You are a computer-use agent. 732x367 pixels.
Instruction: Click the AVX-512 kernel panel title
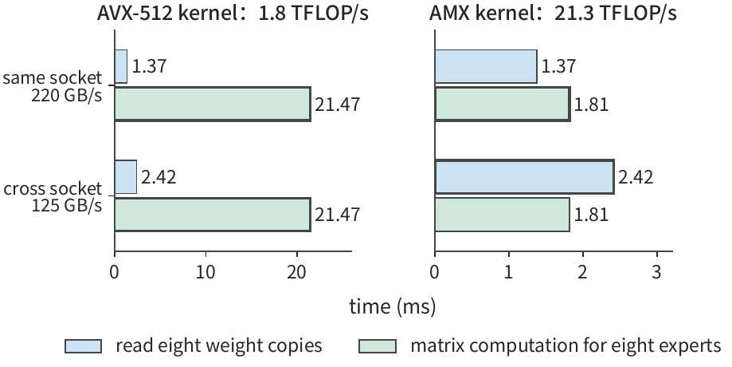tap(233, 13)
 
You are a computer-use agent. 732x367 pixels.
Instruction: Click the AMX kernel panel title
tap(553, 13)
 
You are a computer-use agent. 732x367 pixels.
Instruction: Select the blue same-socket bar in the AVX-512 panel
tap(121, 66)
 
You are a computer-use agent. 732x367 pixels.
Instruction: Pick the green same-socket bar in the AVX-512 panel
tap(213, 104)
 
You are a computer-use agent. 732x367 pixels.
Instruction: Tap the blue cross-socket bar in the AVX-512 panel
tap(126, 177)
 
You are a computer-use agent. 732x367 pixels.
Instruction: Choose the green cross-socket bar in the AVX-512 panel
tap(213, 215)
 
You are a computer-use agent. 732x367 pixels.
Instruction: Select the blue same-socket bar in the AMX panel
tap(486, 66)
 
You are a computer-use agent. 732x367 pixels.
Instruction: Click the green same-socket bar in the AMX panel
tap(503, 104)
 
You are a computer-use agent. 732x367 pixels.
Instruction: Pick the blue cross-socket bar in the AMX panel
tap(525, 177)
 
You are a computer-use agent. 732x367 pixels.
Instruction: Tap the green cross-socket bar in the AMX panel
tap(503, 215)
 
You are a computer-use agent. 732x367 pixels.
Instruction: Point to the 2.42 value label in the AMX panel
tap(636, 177)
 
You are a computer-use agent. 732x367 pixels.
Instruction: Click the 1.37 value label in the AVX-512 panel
tap(150, 66)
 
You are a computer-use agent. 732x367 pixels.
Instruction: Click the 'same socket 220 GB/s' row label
tap(53, 86)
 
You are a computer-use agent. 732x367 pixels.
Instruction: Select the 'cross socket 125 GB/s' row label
tap(53, 197)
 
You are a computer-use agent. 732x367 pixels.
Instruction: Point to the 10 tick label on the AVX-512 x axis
tap(206, 272)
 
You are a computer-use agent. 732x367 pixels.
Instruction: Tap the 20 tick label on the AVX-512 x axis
tap(297, 272)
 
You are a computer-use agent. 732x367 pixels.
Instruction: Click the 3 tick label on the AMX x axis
tap(657, 272)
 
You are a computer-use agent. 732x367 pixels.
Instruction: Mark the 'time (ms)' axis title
tap(393, 307)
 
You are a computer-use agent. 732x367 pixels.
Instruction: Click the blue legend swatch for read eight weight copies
tap(83, 346)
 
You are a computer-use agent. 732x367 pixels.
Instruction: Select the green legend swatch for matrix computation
tap(378, 346)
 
